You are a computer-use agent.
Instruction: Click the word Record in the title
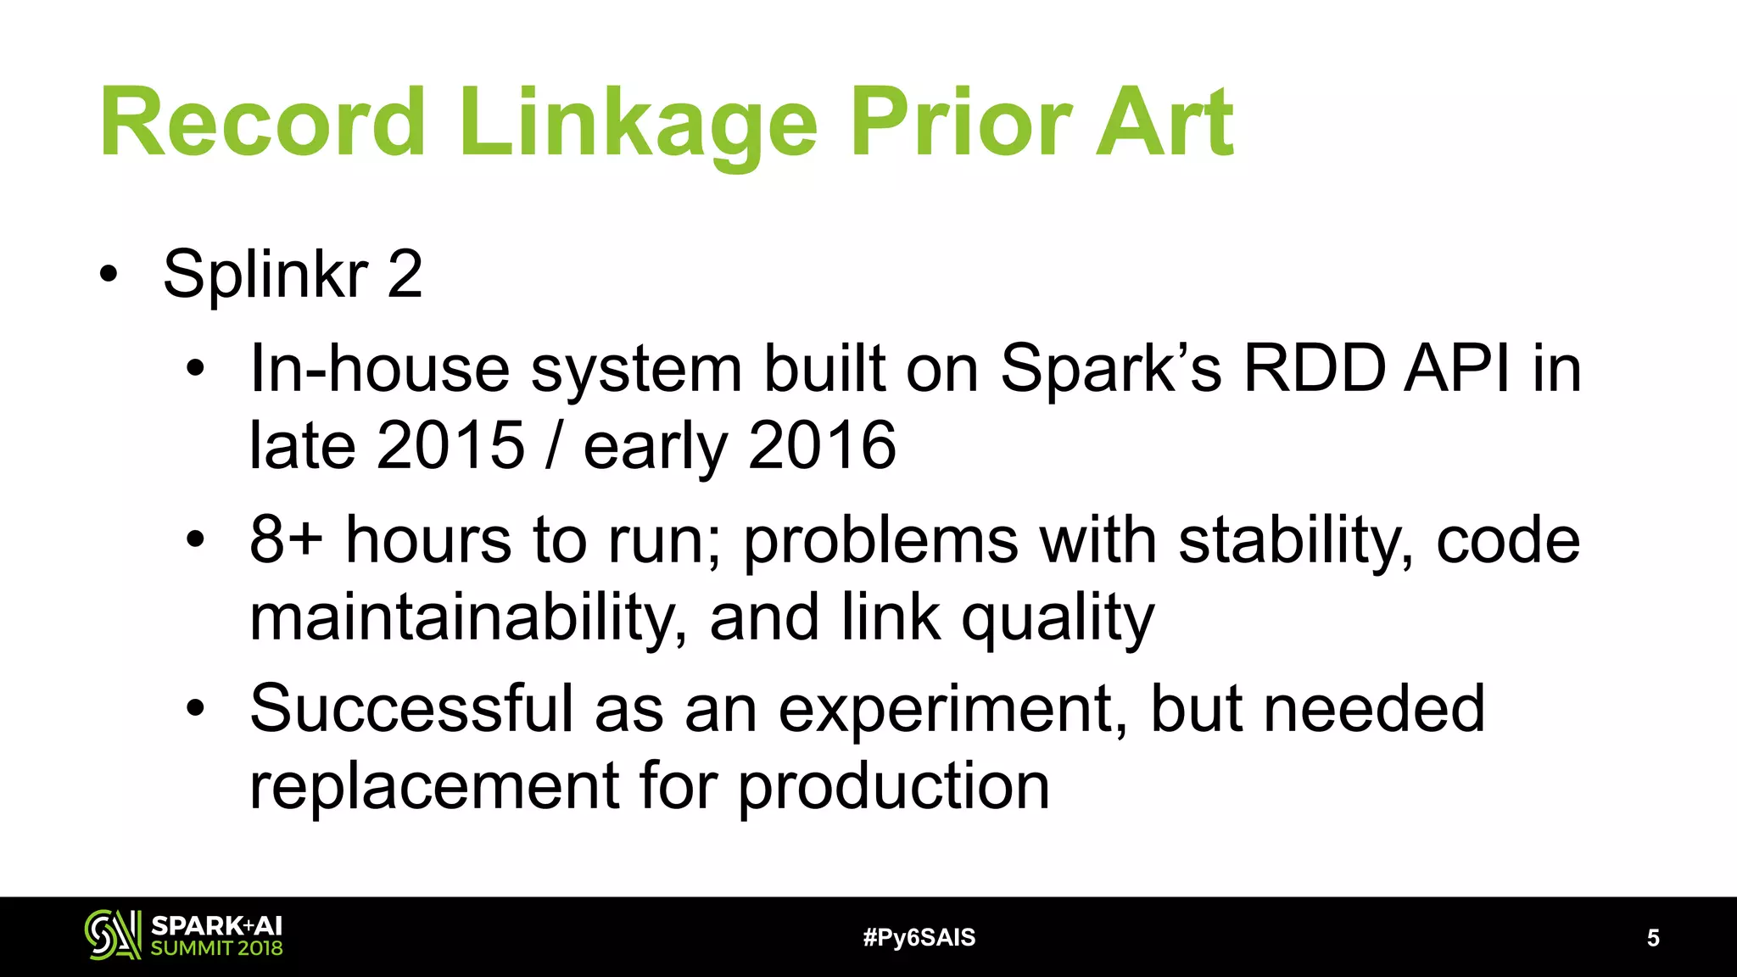(263, 123)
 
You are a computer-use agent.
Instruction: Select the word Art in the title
(1164, 123)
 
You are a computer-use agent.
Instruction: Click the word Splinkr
(265, 275)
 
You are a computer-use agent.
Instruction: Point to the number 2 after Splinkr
(405, 275)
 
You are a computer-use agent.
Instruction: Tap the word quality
(1058, 619)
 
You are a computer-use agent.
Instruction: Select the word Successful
(411, 709)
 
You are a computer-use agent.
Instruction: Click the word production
(894, 787)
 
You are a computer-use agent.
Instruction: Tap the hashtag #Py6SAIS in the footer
(919, 937)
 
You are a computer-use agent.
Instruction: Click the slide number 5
(1653, 937)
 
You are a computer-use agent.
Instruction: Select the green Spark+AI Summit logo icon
(112, 935)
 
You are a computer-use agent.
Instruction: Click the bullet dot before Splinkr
(108, 275)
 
